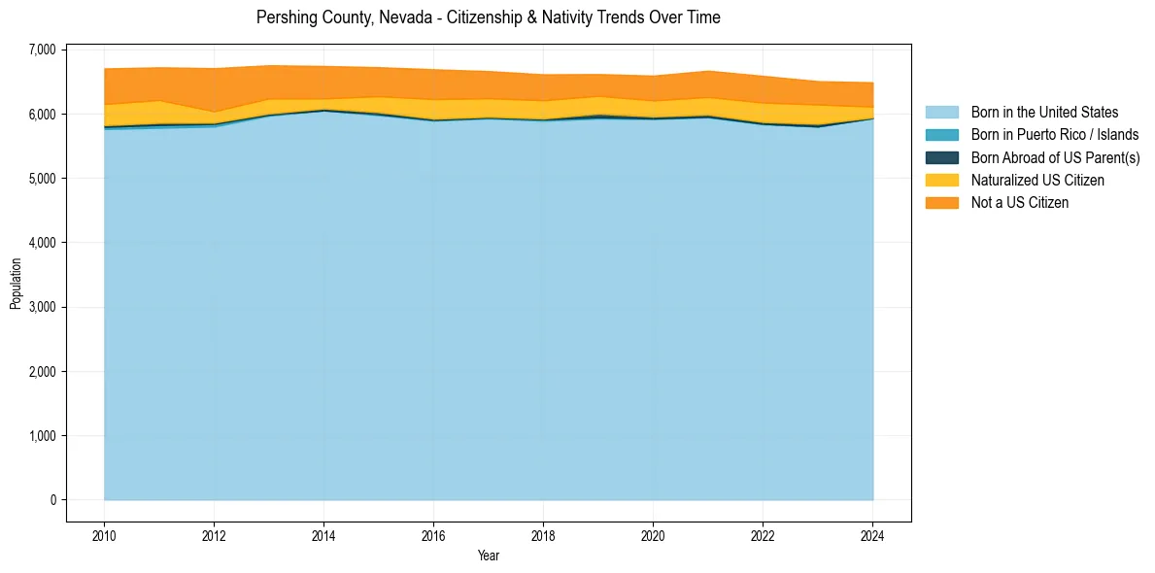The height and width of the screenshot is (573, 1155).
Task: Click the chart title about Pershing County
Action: (x=488, y=17)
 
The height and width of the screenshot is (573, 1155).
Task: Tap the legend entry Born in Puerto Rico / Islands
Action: (x=1055, y=135)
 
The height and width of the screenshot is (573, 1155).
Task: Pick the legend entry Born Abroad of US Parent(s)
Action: (x=1055, y=157)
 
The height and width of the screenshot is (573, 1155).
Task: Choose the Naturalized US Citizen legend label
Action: (x=1037, y=180)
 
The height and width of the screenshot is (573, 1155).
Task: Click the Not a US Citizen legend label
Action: (x=1020, y=202)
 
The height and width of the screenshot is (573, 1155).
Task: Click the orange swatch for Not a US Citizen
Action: (x=941, y=202)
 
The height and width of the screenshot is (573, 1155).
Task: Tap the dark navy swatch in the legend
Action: (x=941, y=157)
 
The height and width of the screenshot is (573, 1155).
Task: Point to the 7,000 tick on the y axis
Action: (x=43, y=50)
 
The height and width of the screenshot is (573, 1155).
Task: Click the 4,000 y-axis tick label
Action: (x=43, y=243)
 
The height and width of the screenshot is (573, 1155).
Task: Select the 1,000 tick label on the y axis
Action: (x=43, y=436)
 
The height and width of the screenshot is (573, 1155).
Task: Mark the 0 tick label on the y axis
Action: (x=52, y=500)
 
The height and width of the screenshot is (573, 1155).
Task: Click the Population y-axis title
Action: (x=16, y=284)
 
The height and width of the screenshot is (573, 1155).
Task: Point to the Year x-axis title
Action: (x=489, y=556)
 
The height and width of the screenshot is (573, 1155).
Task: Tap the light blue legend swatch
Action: (x=941, y=113)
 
